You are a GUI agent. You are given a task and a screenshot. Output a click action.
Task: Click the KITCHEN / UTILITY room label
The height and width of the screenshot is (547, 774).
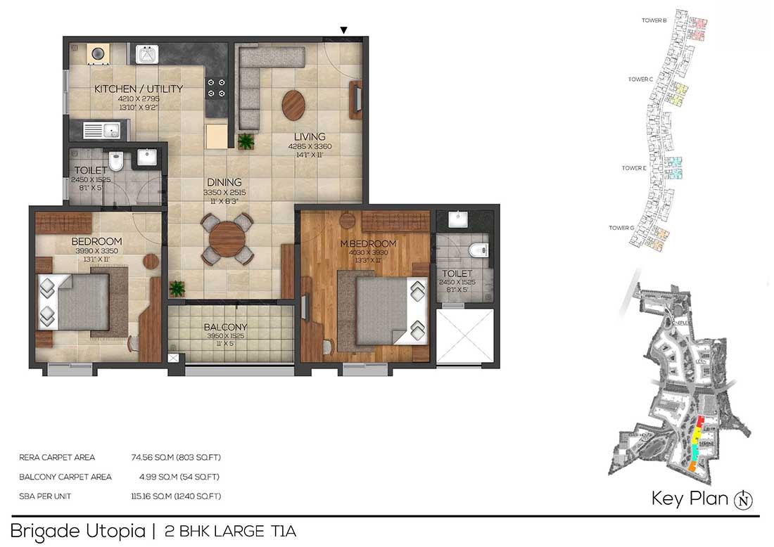click(139, 89)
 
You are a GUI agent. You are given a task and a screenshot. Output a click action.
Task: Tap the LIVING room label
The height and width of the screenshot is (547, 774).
click(310, 136)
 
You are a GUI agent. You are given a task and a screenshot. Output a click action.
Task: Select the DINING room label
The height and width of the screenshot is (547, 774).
click(224, 182)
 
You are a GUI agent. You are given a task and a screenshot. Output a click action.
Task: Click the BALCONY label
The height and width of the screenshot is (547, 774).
click(225, 327)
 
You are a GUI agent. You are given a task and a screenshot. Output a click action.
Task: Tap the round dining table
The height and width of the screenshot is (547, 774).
click(226, 240)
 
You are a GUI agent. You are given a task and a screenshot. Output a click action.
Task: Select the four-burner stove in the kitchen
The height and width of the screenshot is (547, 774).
click(216, 88)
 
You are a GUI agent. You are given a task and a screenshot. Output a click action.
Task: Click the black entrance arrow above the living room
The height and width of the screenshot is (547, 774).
click(343, 30)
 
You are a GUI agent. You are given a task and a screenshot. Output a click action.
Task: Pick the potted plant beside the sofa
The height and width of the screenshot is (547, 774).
click(246, 141)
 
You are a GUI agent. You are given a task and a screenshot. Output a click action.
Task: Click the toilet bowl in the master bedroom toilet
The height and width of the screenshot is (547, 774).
click(479, 250)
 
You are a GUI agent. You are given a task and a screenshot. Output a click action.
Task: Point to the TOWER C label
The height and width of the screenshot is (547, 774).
click(641, 79)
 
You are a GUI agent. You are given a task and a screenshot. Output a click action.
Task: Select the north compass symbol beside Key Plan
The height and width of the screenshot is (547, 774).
click(743, 500)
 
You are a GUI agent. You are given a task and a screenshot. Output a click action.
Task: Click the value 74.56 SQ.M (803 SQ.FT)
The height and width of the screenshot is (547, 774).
click(176, 457)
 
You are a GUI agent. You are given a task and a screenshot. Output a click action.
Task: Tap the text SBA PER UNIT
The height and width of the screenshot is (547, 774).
click(45, 496)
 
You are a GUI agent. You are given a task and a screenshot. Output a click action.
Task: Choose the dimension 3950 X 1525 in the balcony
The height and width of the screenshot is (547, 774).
click(225, 337)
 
